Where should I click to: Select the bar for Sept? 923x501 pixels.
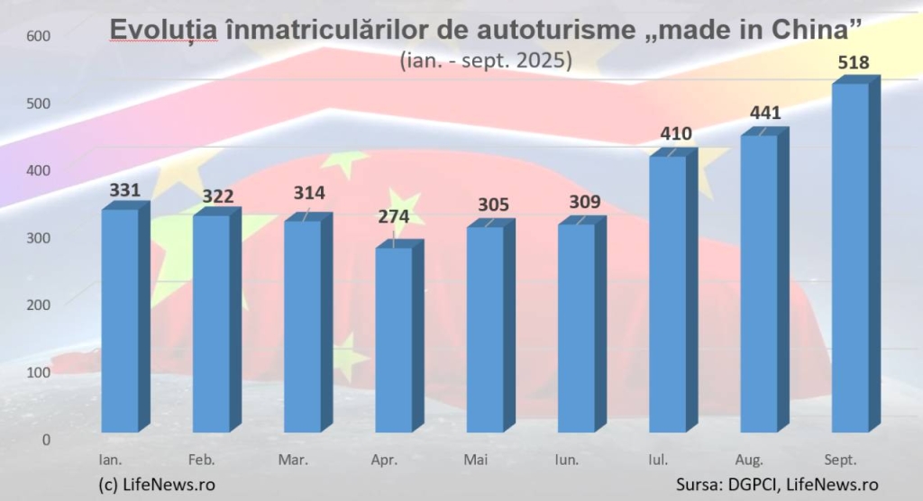(850, 258)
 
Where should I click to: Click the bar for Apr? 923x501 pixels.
(394, 340)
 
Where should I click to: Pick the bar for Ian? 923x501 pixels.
(120, 321)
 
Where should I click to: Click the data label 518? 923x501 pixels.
(852, 63)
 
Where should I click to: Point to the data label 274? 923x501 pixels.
(394, 217)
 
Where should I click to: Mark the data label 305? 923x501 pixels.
(487, 204)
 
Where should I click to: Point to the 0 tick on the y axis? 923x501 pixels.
(45, 440)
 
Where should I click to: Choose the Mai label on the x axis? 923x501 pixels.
(476, 460)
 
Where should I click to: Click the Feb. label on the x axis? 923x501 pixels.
(202, 460)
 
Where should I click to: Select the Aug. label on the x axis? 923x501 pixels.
(751, 460)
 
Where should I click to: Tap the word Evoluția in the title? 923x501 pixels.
(163, 31)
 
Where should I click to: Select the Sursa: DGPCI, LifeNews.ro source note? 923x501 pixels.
(777, 484)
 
